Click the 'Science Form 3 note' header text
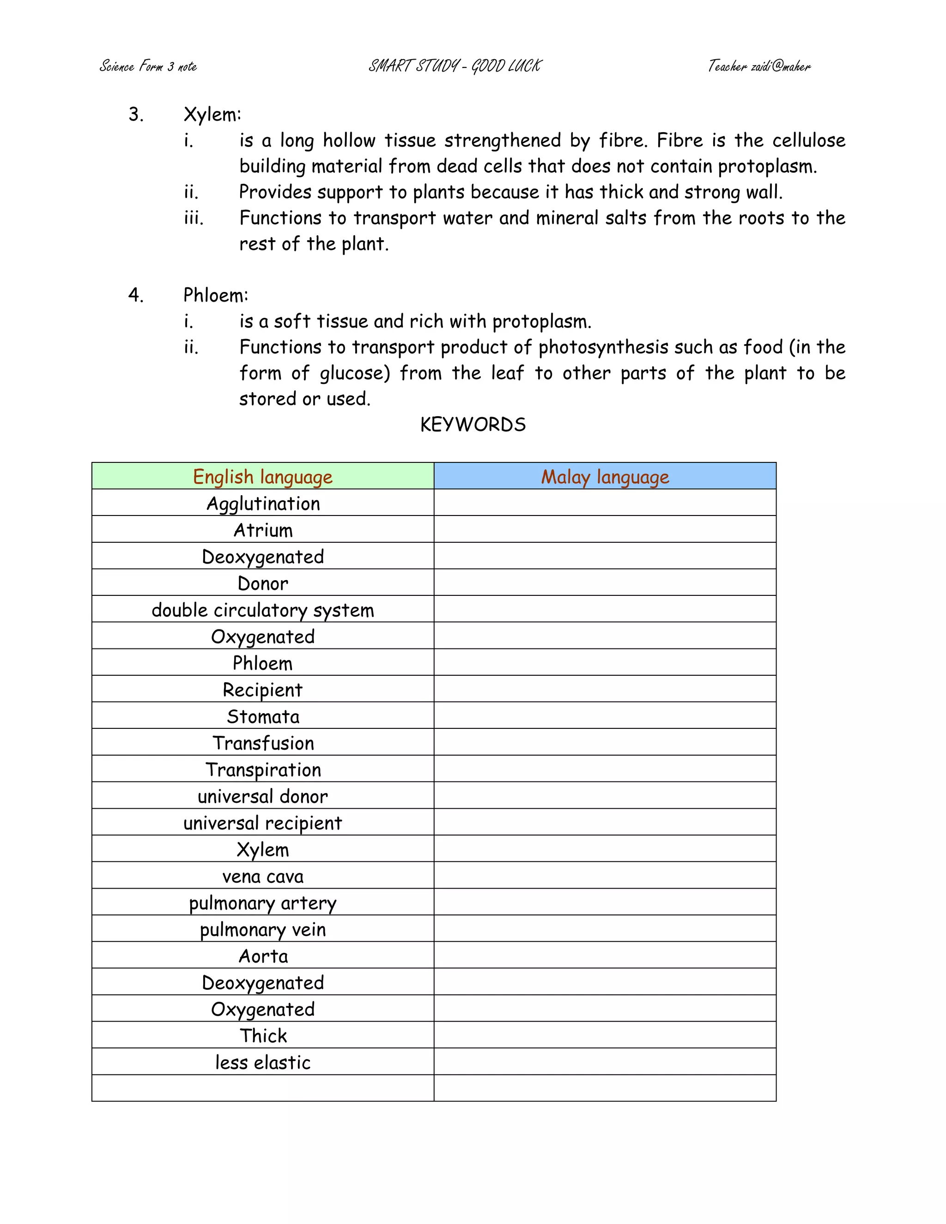148,66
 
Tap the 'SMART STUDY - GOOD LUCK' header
455,66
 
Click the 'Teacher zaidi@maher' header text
759,66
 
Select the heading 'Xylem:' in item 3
212,115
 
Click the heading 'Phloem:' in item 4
216,295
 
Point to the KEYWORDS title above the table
473,424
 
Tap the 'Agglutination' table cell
263,503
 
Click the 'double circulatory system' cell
263,610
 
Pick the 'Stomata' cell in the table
263,716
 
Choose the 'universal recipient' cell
263,823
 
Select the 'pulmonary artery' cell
263,903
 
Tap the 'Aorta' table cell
263,956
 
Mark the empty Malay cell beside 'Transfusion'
605,743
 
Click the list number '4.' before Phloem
136,295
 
